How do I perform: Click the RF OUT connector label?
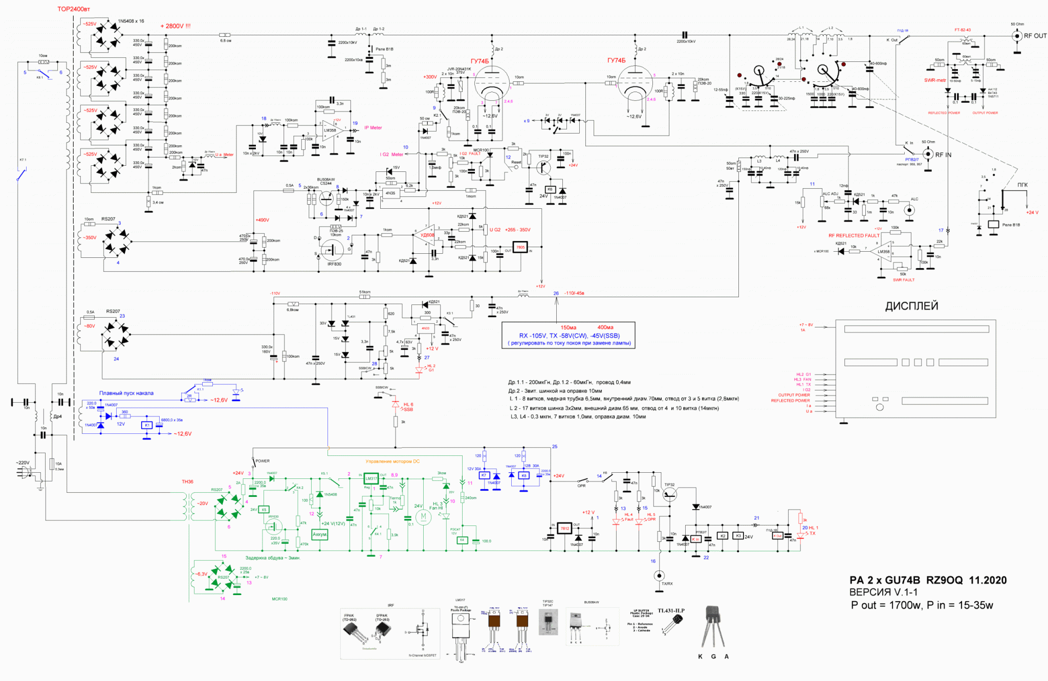1035,36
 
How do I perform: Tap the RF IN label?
943,155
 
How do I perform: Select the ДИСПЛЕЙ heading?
911,306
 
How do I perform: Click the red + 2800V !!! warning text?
175,26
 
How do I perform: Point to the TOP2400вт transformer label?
74,9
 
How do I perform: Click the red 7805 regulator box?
520,248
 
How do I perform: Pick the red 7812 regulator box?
564,529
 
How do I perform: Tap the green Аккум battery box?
319,535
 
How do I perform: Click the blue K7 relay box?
484,475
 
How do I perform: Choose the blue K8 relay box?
523,475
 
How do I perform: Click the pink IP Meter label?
373,128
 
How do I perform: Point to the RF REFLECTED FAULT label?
854,236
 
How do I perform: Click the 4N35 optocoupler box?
390,193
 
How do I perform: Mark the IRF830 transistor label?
334,264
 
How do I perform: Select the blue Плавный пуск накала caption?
126,393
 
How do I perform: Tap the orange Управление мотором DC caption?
392,462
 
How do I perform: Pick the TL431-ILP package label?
670,610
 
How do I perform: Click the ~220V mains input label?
23,463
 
